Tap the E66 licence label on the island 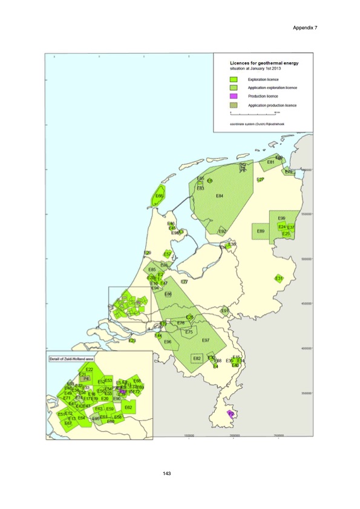pos(159,196)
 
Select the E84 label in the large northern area pos(220,196)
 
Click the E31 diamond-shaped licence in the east pos(279,278)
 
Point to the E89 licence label pos(261,231)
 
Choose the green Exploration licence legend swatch pos(234,79)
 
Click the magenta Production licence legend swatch pos(234,96)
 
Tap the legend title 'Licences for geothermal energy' pos(263,62)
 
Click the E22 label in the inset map pos(89,369)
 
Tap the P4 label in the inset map pos(87,378)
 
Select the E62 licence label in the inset pos(128,407)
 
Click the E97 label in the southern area pos(206,340)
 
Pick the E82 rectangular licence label pos(197,358)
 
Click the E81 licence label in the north pos(271,162)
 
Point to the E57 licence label pos(168,254)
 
